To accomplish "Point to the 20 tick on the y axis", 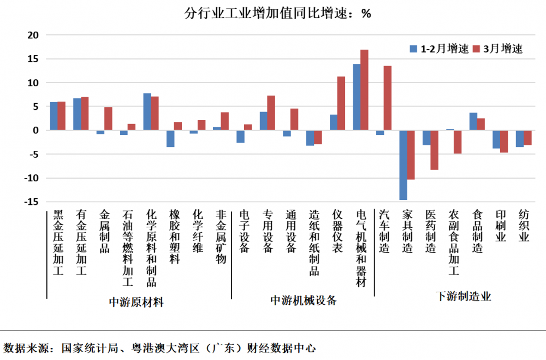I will click(34, 35).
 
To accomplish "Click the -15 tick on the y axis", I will click(32, 202).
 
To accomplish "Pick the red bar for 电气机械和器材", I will click(364, 90).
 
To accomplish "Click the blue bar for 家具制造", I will click(403, 165).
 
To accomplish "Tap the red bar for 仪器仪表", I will click(341, 103).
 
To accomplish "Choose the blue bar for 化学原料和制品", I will click(147, 111).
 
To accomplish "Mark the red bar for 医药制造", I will click(435, 150).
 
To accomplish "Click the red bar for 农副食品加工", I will click(458, 142).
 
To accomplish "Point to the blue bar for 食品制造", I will click(473, 121).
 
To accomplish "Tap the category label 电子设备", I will click(244, 231).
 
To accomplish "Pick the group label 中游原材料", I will click(136, 302).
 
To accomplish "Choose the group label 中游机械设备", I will click(304, 300).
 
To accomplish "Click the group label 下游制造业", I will click(464, 297).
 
